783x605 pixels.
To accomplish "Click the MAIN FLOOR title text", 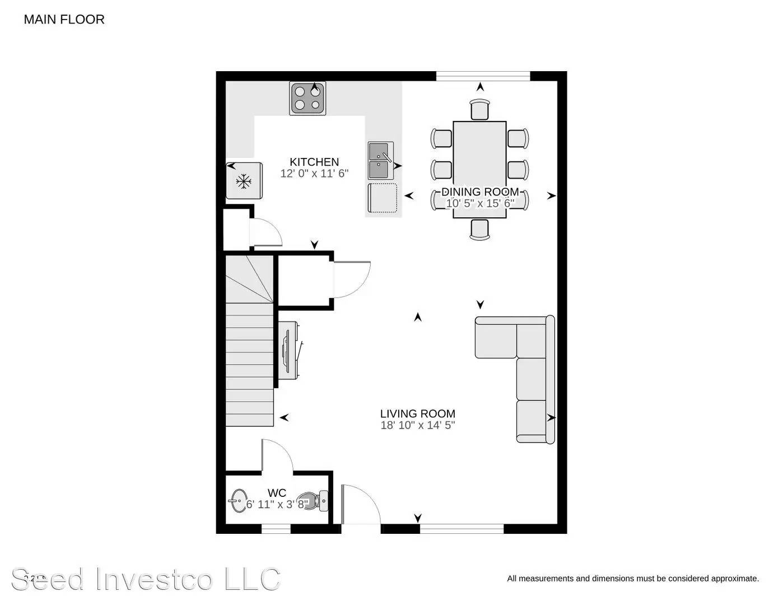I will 64,20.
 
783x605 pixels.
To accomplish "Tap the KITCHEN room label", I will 314,162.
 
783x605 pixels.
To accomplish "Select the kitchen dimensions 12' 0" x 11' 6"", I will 314,174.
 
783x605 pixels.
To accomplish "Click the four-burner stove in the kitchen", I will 307,98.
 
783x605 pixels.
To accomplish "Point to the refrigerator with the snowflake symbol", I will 244,180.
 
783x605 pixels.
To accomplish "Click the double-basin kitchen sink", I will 380,160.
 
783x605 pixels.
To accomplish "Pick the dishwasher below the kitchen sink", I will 383,198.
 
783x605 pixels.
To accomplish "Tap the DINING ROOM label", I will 480,192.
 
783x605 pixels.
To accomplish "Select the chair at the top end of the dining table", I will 480,109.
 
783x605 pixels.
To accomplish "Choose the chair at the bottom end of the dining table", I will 480,229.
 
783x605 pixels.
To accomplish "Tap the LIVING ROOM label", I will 417,414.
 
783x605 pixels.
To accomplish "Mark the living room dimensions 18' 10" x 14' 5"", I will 417,425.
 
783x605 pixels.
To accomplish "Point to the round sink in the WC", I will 239,500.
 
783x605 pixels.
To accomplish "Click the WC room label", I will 277,493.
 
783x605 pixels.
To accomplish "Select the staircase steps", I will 249,364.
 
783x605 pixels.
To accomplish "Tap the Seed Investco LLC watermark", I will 146,579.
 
